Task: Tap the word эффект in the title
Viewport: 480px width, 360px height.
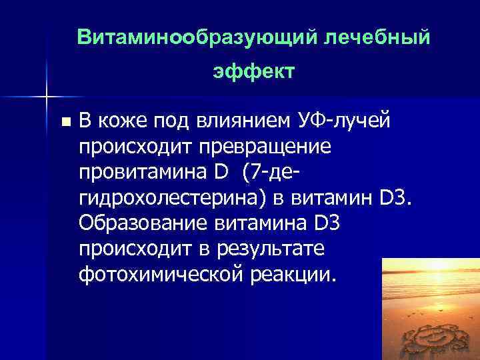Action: tap(253, 71)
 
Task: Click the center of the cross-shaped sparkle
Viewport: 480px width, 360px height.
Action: tap(46, 97)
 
